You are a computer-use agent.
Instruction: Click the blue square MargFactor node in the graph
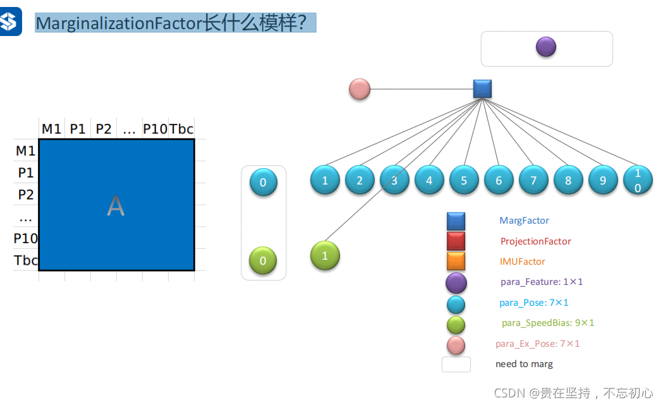(482, 89)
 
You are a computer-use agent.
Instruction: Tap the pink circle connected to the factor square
(360, 89)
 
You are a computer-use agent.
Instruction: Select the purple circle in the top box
(545, 47)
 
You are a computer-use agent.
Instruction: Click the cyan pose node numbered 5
(464, 181)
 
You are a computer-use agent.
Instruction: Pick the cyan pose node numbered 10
(637, 181)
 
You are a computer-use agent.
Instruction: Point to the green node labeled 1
(325, 256)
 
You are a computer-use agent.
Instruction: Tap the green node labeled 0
(264, 260)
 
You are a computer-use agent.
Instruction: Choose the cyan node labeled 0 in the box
(264, 183)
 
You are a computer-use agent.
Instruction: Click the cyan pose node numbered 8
(568, 181)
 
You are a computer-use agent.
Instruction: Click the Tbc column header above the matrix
(181, 129)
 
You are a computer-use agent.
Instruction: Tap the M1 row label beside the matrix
(26, 151)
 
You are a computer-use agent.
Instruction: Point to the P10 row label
(26, 238)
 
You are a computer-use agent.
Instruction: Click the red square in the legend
(456, 241)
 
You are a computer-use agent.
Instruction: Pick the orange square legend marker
(456, 262)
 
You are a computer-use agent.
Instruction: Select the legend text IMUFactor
(522, 262)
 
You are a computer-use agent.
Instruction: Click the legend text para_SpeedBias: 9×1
(548, 323)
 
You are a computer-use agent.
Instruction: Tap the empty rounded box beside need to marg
(456, 365)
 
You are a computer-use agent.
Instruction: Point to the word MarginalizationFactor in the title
(119, 23)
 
